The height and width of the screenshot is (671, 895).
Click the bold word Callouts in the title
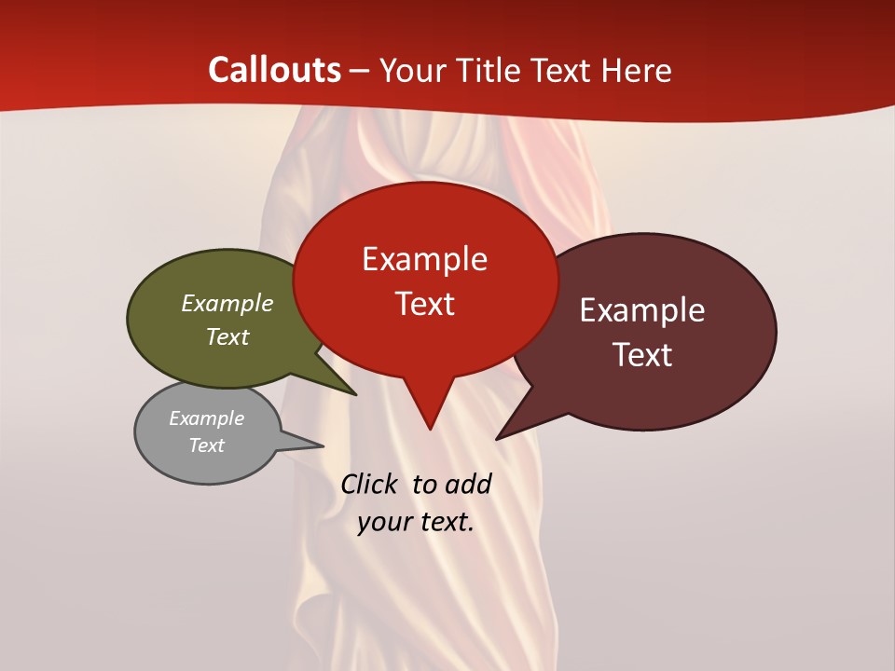click(x=274, y=70)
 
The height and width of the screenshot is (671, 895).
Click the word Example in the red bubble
click(x=424, y=259)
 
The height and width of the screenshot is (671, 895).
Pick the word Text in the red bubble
click(x=424, y=304)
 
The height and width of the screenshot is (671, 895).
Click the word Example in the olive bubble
click(x=227, y=304)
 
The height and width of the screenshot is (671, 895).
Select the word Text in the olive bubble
click(x=227, y=336)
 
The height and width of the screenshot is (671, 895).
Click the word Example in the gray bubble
click(x=206, y=418)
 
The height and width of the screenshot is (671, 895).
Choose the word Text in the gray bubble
click(x=206, y=445)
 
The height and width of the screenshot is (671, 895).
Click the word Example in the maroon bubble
click(x=642, y=310)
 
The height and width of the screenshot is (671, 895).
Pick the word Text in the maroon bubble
click(x=642, y=355)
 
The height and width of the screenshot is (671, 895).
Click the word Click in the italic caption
click(x=368, y=484)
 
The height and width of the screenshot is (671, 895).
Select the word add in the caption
click(x=468, y=484)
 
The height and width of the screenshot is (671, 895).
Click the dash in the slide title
click(x=361, y=70)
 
